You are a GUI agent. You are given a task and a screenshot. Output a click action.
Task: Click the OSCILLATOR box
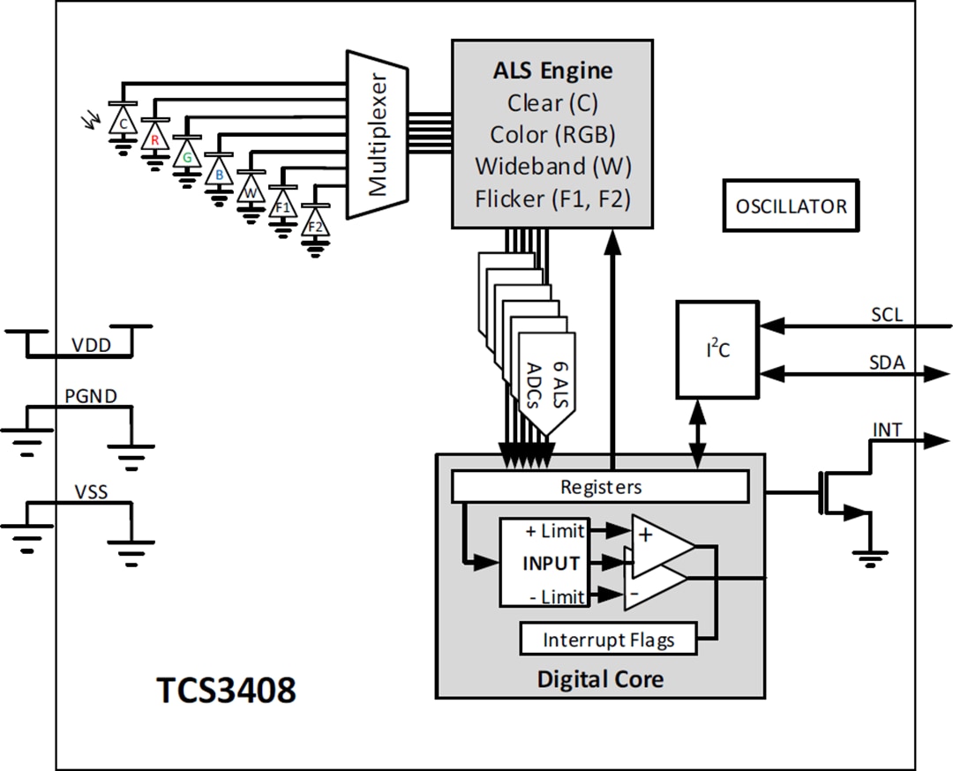(x=790, y=206)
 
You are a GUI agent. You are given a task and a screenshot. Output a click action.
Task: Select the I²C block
(x=717, y=349)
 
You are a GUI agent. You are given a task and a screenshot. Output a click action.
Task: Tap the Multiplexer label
(x=378, y=134)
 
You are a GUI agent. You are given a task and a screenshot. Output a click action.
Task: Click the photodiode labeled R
(x=154, y=138)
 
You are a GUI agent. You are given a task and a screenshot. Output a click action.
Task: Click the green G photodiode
(x=186, y=156)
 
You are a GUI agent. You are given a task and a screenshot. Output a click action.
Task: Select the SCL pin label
(x=886, y=315)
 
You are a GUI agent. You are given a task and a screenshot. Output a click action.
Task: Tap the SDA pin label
(x=887, y=362)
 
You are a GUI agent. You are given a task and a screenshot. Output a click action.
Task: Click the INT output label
(x=887, y=430)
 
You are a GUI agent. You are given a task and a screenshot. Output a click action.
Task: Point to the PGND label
(x=90, y=396)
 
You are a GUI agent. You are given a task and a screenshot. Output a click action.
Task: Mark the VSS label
(x=90, y=491)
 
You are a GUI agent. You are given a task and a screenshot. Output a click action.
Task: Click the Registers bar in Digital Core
(x=600, y=487)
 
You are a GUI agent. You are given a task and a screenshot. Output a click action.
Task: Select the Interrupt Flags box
(x=608, y=640)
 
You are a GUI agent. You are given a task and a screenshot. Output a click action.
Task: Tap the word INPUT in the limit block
(x=551, y=563)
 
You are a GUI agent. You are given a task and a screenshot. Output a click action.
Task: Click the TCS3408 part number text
(x=226, y=691)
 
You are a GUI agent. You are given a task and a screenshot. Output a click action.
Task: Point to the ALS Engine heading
(x=552, y=71)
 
